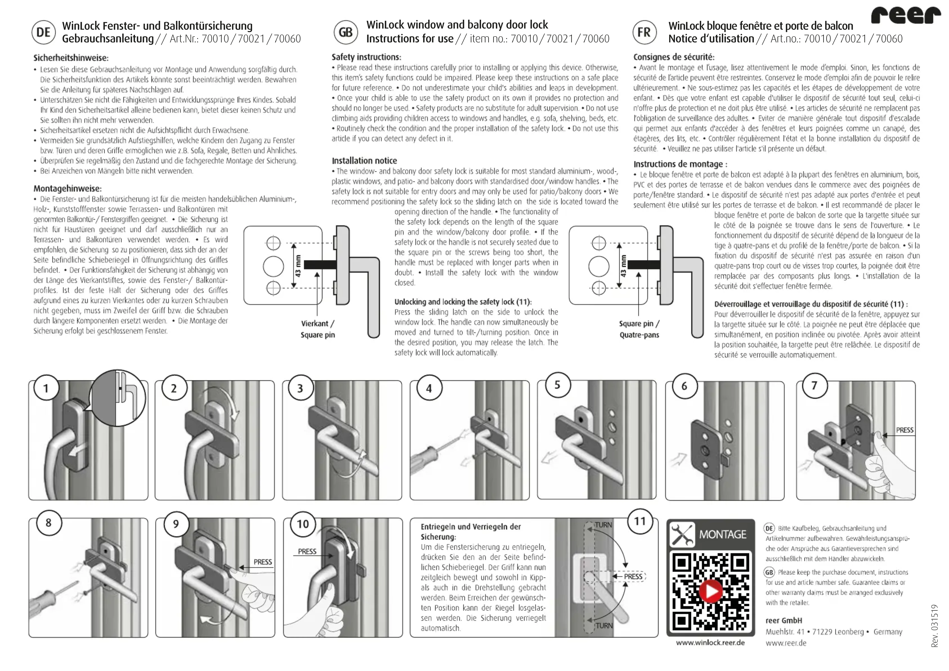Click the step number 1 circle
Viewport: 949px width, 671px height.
coord(46,388)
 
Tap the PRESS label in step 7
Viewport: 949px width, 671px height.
coord(904,430)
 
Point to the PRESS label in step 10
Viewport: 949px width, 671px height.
coord(307,551)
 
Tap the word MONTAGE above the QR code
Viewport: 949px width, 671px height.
coord(722,535)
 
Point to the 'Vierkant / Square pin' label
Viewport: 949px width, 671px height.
coord(318,329)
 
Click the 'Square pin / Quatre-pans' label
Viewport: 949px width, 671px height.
coord(639,329)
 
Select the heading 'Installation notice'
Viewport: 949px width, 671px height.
coord(364,160)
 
